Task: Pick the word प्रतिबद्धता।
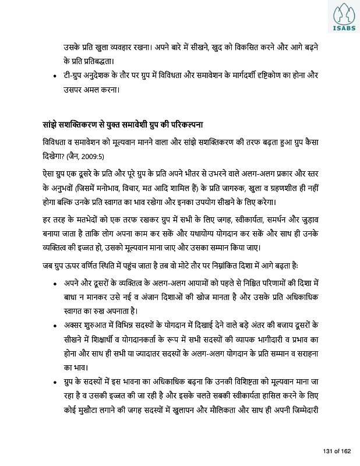(89, 59)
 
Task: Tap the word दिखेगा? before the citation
(48, 157)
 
